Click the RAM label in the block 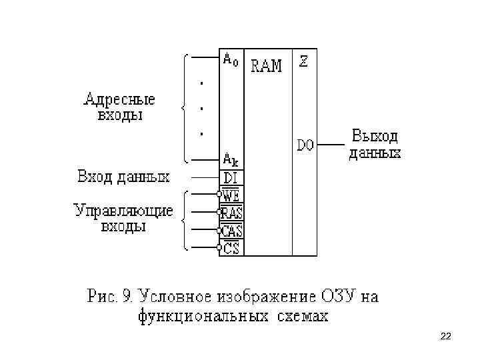coord(266,66)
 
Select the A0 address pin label coord(230,60)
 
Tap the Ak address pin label coord(230,160)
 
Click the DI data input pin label coord(231,177)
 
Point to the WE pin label coord(231,196)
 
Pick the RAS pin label coord(232,213)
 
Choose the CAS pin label coord(232,231)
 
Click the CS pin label coord(231,249)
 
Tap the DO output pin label coord(305,145)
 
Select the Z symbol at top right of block coord(303,61)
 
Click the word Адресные coord(119,100)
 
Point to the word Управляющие coord(123,211)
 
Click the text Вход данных coord(123,177)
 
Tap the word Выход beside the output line coord(375,137)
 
